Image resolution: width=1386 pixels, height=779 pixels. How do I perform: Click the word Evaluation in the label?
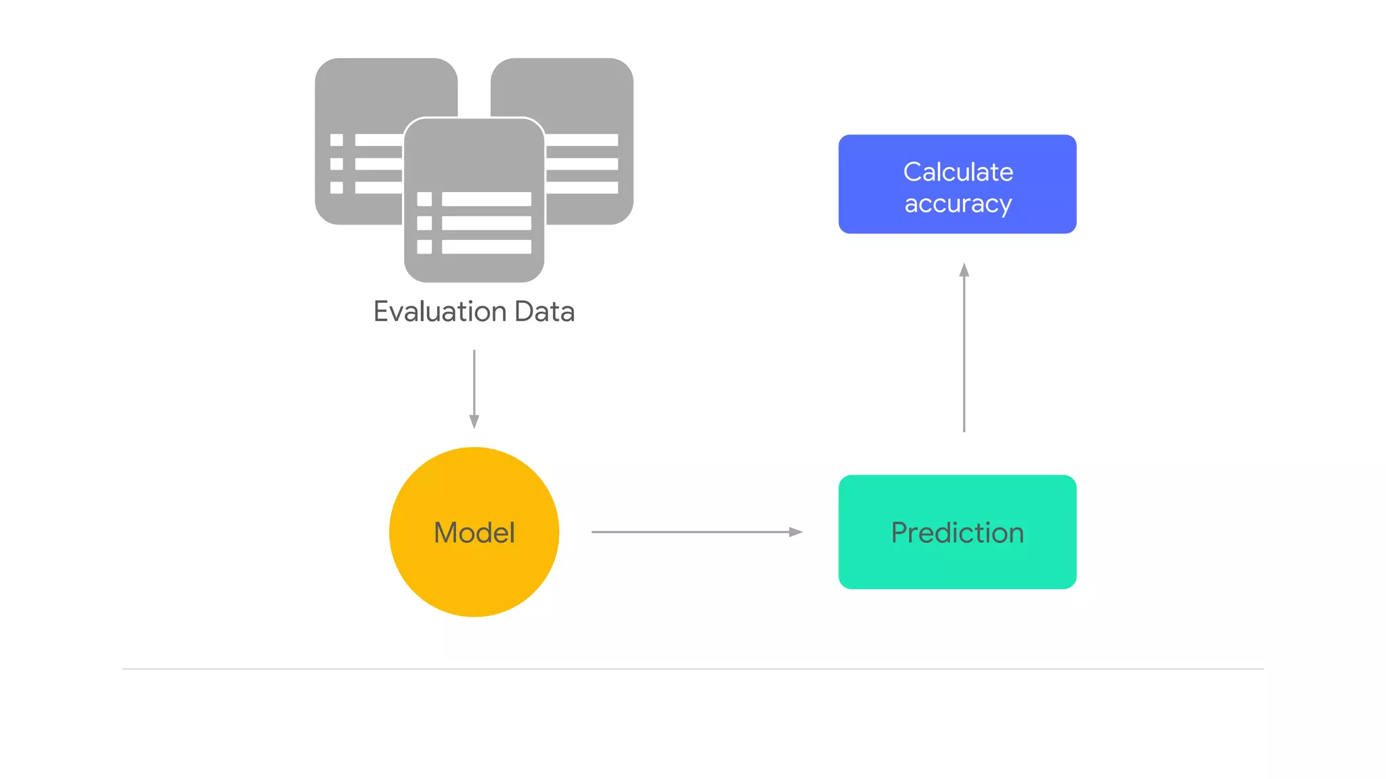(440, 312)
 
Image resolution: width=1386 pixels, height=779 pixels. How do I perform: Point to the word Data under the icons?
(544, 312)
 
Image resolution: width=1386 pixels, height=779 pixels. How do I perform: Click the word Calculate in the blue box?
(958, 172)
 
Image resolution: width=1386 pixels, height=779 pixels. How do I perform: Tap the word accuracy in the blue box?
(958, 204)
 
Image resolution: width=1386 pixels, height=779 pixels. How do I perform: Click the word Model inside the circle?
(474, 533)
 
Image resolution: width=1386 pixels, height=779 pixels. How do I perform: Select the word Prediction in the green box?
(957, 533)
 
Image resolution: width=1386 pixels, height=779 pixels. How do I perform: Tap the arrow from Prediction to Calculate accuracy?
(964, 352)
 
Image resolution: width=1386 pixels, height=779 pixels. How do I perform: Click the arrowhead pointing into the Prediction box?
(796, 532)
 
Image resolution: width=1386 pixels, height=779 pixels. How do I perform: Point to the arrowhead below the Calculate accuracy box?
(964, 270)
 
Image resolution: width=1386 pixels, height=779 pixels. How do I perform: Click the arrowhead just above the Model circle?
(474, 421)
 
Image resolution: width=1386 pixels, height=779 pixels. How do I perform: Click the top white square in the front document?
(424, 199)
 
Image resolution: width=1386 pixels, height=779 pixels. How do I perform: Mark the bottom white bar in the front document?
(486, 247)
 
